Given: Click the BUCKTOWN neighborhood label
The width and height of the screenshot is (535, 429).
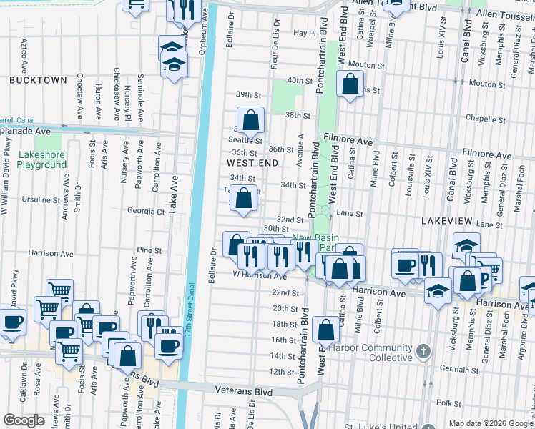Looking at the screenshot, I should (x=33, y=80).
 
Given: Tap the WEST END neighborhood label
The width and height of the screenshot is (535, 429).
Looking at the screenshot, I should (x=252, y=163).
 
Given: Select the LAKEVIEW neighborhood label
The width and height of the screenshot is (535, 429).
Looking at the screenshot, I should (x=448, y=222).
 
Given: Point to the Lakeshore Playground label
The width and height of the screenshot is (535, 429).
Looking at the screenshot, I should (x=41, y=159).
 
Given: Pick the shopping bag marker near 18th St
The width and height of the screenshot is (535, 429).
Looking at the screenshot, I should (x=325, y=330).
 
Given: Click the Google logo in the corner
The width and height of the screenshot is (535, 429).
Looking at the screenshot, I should (x=24, y=420).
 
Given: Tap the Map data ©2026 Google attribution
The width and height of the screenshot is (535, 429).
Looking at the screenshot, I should (x=490, y=423).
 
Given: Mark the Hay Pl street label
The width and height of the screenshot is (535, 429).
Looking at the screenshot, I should (x=303, y=33).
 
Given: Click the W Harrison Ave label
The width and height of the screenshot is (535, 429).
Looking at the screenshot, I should (x=260, y=275).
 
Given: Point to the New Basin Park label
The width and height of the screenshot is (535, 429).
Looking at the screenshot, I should (x=315, y=242).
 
